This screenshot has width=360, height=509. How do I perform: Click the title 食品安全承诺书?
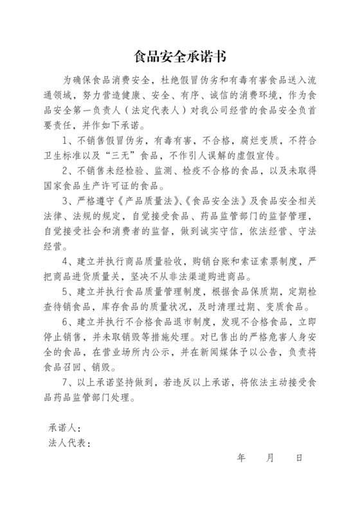[179, 57]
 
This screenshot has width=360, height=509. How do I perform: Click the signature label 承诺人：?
[64, 428]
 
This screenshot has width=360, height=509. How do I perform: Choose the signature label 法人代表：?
[69, 443]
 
